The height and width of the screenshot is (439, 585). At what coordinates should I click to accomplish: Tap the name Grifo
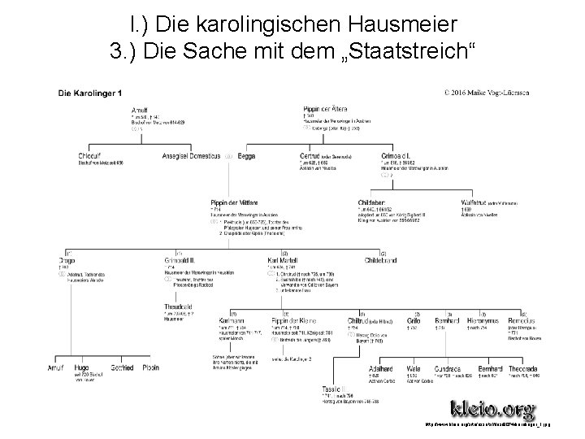point(414,322)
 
